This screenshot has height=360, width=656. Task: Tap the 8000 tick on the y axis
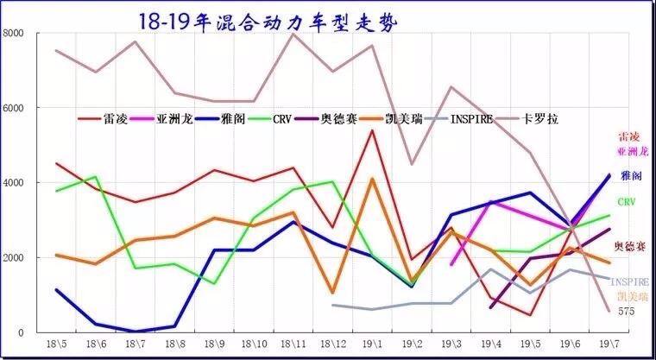tap(16, 33)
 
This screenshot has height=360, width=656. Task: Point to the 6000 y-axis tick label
tap(16, 108)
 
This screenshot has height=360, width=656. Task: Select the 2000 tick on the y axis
tap(16, 258)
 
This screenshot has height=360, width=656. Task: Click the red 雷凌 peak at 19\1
tap(372, 130)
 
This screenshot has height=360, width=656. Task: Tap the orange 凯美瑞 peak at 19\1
tap(372, 179)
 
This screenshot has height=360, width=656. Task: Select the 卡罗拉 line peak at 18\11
tap(293, 34)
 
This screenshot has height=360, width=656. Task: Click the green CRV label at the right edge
tap(627, 202)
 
